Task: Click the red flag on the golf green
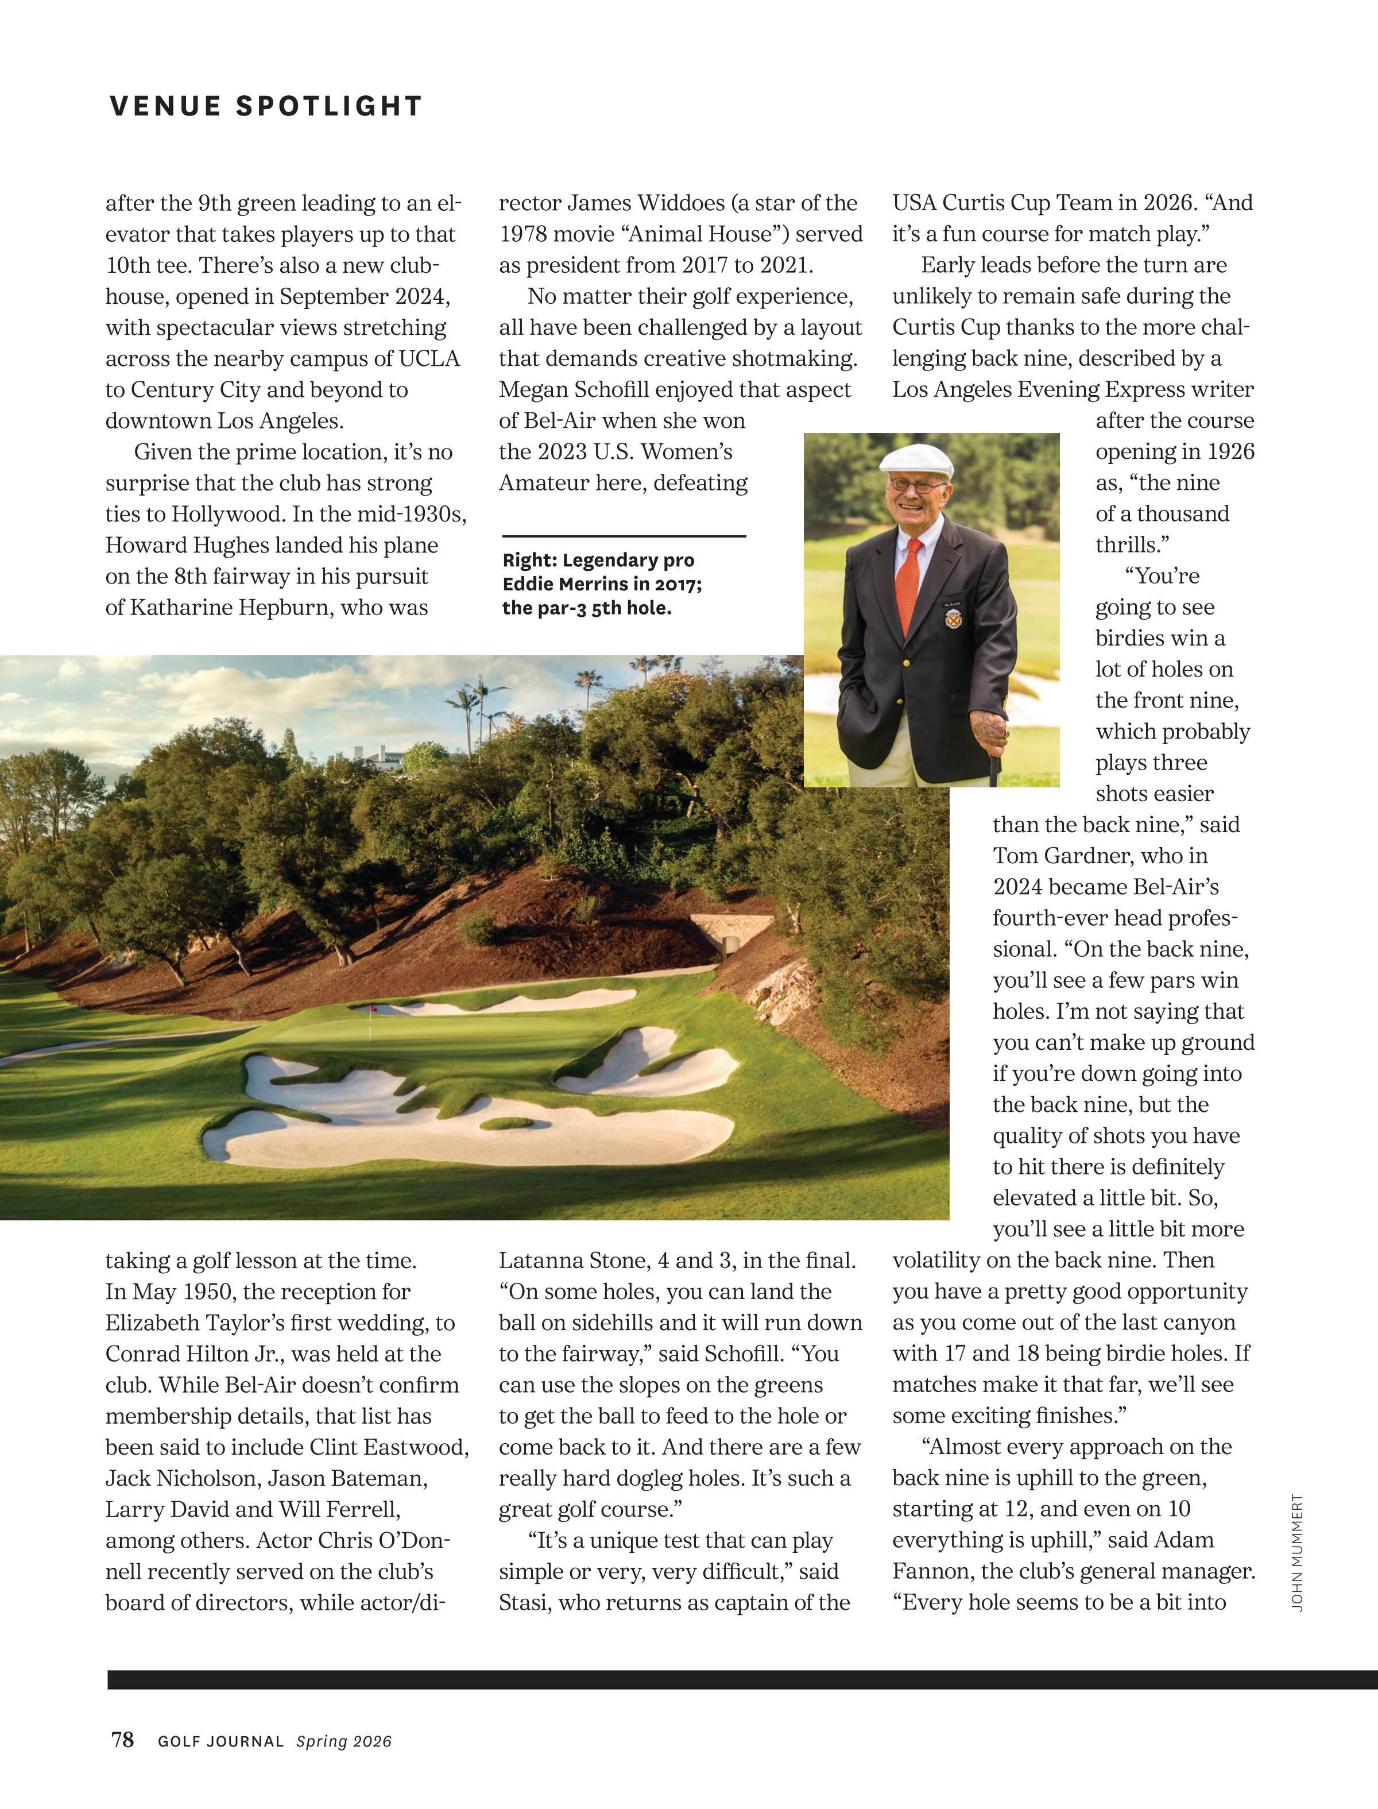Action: (x=373, y=1008)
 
